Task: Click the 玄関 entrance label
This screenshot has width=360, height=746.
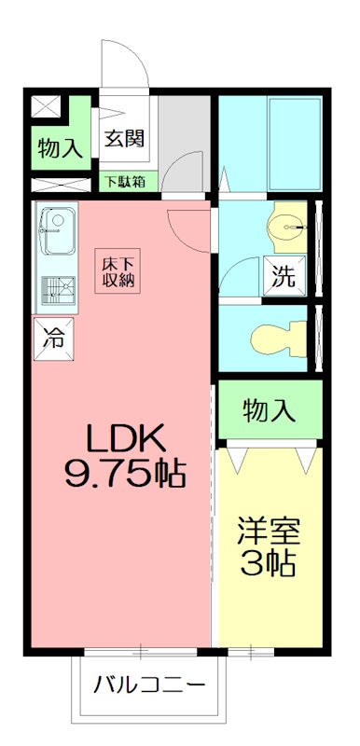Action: (124, 138)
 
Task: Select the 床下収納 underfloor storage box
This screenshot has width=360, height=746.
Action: (117, 270)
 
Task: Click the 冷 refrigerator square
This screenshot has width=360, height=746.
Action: (53, 338)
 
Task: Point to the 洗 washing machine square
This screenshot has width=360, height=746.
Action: (284, 276)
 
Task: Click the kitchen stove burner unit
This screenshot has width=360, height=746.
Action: (58, 291)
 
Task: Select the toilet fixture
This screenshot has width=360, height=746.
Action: (279, 338)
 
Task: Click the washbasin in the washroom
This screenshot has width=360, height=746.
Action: (286, 227)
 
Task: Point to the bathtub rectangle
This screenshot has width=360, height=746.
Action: (294, 145)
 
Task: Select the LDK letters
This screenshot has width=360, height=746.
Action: (125, 437)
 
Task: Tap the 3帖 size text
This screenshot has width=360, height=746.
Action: (269, 564)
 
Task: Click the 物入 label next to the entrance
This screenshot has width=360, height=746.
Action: (60, 148)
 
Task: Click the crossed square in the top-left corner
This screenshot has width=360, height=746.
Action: (46, 106)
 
